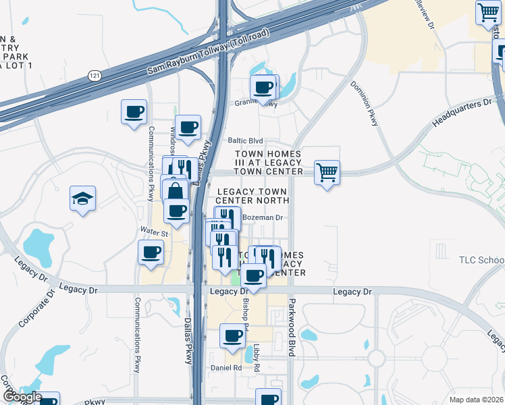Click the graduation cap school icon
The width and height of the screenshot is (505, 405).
pos(82,199)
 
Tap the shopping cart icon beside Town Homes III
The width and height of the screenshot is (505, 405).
pos(327,172)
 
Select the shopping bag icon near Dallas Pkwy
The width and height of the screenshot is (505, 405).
pos(175,191)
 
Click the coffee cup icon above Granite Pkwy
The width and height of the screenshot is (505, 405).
pos(264,86)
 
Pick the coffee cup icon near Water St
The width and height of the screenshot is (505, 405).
pos(151,253)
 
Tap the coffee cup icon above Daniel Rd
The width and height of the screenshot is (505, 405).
pos(233,335)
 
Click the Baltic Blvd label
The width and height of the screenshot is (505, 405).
pos(245,140)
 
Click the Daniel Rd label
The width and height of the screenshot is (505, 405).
pos(226,368)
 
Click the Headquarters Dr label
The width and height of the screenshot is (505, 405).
pos(462,113)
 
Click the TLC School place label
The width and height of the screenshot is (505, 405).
pos(481,260)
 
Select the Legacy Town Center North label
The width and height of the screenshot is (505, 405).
pos(252,196)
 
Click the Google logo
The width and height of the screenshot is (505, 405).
pos(22,397)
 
